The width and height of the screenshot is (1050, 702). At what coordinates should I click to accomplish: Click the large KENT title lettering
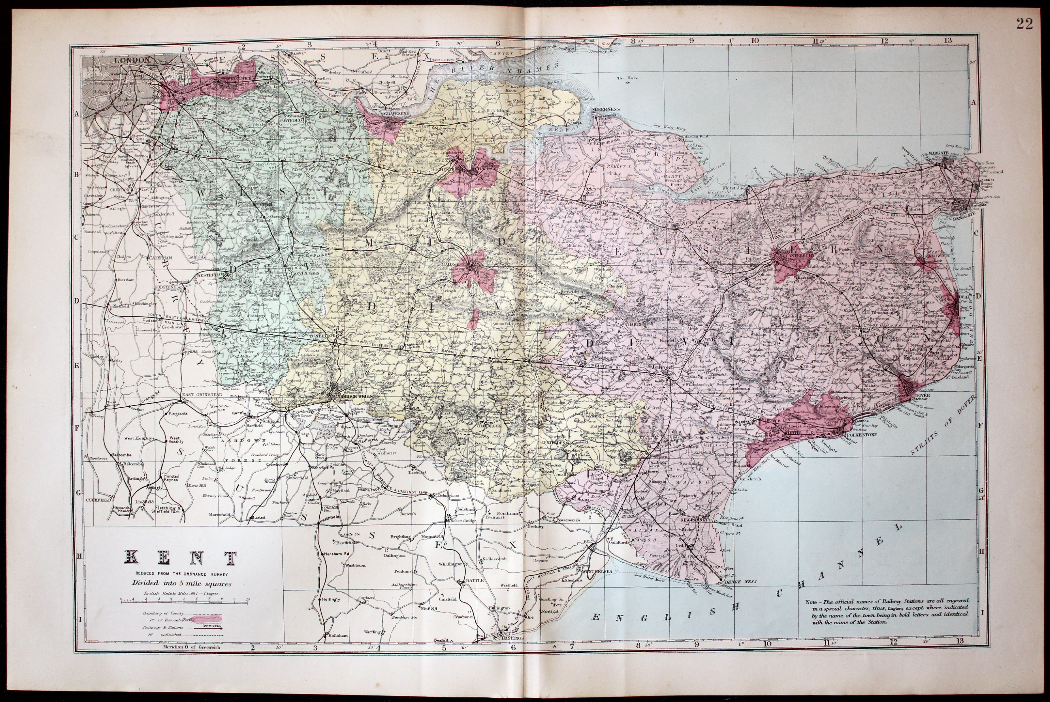coord(182,558)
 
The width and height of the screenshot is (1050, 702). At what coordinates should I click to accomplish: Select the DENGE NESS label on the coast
coord(741,582)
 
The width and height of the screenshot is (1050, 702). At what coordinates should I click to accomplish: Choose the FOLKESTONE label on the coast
coord(862,434)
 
